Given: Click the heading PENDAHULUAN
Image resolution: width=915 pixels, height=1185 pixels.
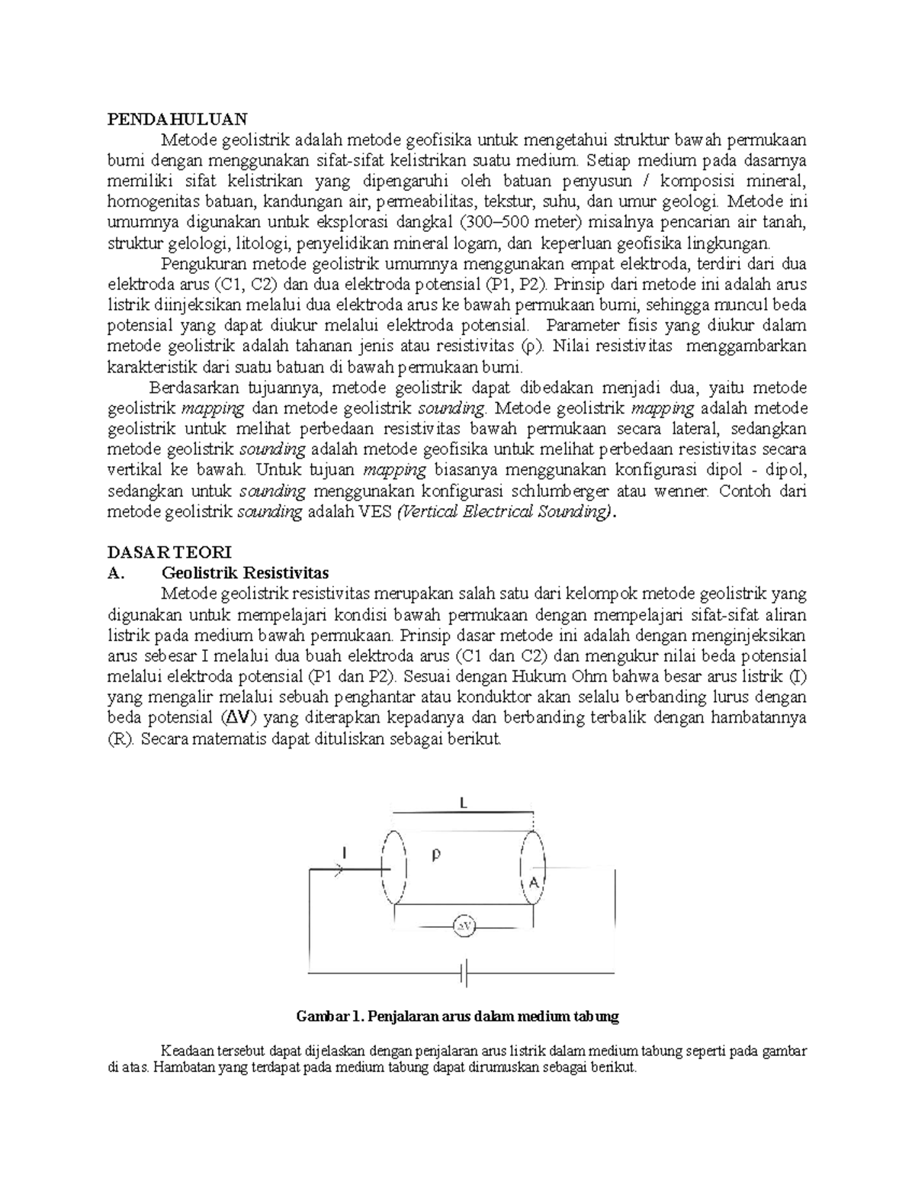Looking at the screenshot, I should point(177,119).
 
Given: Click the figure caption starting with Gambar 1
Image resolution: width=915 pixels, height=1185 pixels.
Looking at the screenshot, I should point(457,1016).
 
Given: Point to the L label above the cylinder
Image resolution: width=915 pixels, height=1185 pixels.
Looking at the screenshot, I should point(463,802).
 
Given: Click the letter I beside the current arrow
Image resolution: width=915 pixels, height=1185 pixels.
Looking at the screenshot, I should point(345,855).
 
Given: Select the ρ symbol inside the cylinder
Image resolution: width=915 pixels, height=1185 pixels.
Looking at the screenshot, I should point(435,855).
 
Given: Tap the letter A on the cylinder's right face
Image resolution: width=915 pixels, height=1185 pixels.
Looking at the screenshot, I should point(534,883).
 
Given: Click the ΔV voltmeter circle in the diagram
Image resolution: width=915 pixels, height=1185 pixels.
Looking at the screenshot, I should point(464,926).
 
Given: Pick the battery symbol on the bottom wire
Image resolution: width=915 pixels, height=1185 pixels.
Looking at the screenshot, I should point(464,974).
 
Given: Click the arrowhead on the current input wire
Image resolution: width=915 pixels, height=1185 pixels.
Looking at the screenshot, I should point(336,868).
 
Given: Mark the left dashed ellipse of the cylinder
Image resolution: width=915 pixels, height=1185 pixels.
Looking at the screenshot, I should point(393,868).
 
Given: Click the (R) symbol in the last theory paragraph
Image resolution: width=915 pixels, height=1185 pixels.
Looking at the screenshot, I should point(120,739).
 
